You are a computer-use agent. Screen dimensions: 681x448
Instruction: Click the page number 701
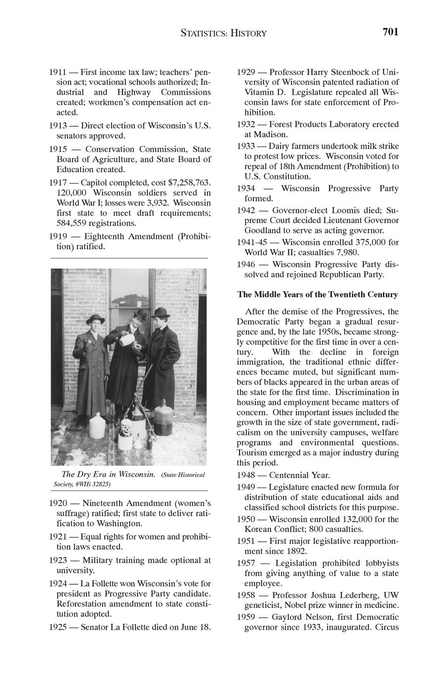[390, 33]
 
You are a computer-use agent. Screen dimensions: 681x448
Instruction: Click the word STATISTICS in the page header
[204, 34]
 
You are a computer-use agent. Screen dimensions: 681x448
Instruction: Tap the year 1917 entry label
[58, 183]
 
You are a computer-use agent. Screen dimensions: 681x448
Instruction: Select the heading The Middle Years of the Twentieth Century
[318, 295]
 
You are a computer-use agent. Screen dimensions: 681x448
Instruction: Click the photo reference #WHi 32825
[92, 484]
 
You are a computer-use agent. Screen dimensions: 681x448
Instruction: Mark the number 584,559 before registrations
[72, 223]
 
